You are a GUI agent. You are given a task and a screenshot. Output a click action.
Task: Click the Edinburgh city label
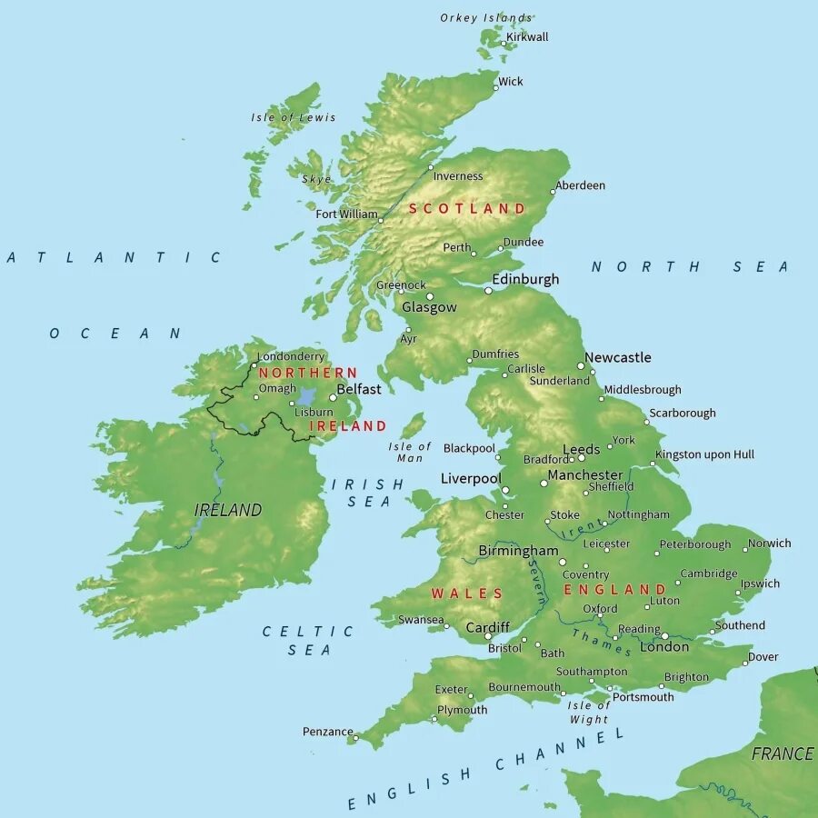coord(525,279)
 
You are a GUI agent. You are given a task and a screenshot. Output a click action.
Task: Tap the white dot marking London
coord(664,636)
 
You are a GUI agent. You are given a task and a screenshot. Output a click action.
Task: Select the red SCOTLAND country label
coord(466,208)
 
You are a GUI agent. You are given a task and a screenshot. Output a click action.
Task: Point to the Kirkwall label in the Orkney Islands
coord(527,37)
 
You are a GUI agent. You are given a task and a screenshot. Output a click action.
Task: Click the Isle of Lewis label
coord(293,117)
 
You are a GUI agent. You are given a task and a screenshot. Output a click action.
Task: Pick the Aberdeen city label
coord(580,185)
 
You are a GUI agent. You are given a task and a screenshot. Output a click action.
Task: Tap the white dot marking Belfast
coord(334,397)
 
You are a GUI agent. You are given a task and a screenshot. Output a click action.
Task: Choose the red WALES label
coord(466,594)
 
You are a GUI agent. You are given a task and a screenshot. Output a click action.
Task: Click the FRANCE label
coord(782,753)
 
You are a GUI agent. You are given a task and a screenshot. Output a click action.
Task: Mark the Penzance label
coord(327,732)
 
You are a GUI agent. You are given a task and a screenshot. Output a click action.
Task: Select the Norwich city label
coord(769,544)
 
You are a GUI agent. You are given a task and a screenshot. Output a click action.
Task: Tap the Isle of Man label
coord(410,452)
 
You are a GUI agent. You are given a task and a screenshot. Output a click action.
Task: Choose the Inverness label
coord(458,176)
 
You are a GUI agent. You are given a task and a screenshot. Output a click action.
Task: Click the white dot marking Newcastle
coord(581,366)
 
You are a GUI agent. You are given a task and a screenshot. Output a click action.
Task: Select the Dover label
coord(763,657)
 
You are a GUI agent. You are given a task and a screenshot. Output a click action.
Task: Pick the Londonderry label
coord(290,357)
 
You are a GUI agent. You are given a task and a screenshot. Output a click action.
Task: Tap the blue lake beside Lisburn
coord(306,397)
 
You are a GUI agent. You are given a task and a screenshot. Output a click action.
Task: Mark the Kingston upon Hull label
coord(704,454)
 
